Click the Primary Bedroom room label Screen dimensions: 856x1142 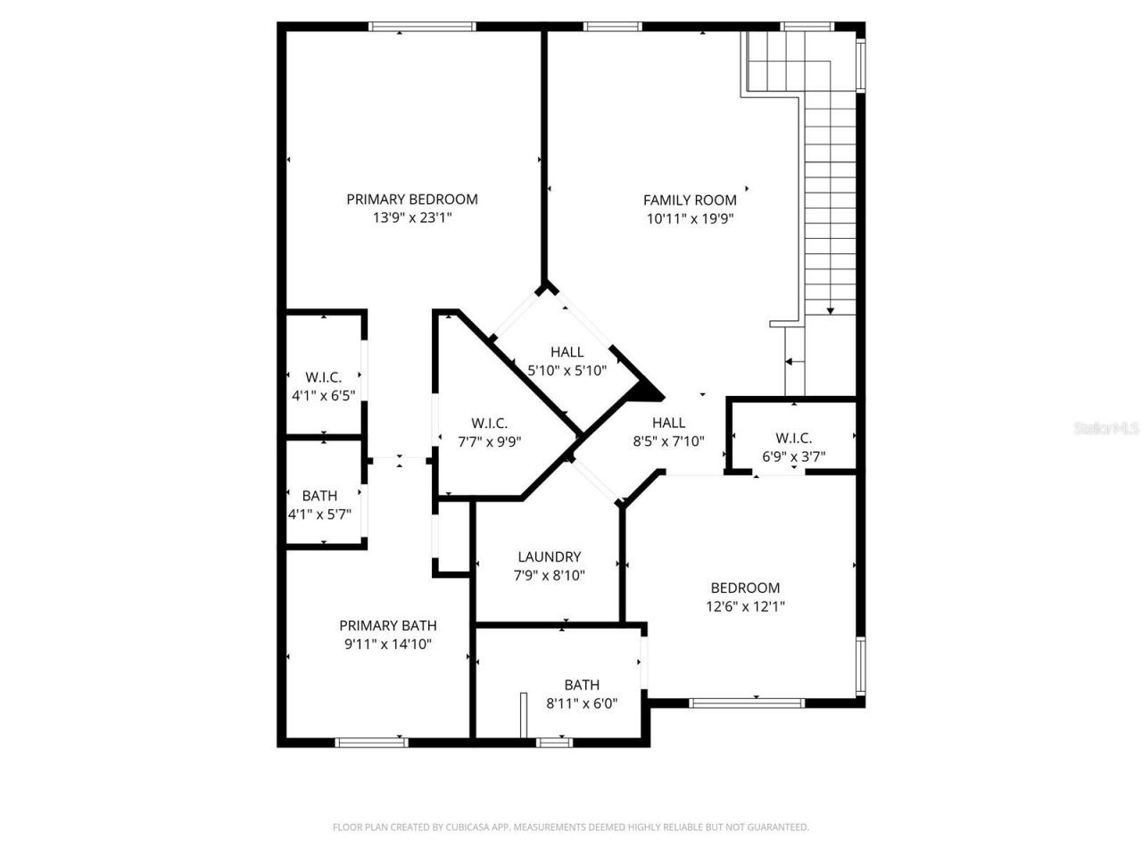click(412, 200)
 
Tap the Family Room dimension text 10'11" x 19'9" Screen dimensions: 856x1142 click(690, 218)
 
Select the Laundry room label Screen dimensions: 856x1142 click(549, 557)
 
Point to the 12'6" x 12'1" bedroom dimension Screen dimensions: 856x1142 click(745, 606)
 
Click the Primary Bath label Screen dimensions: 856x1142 click(388, 626)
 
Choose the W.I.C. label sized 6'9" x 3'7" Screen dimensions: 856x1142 click(793, 438)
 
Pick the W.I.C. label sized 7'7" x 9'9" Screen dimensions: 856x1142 click(489, 424)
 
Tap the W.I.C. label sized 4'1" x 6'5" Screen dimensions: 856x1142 click(323, 377)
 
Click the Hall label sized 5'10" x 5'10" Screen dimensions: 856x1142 click(567, 352)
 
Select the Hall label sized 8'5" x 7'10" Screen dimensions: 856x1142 click(668, 423)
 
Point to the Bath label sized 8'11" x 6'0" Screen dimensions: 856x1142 click(582, 685)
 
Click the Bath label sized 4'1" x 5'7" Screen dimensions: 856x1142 click(319, 496)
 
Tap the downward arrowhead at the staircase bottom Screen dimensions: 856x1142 click(831, 310)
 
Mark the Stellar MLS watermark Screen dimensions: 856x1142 click(1106, 429)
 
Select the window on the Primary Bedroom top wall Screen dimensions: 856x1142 click(411, 27)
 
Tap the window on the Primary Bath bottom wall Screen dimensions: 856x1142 click(372, 742)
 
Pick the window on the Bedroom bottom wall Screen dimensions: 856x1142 click(748, 703)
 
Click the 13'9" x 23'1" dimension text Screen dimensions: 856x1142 click(412, 218)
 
